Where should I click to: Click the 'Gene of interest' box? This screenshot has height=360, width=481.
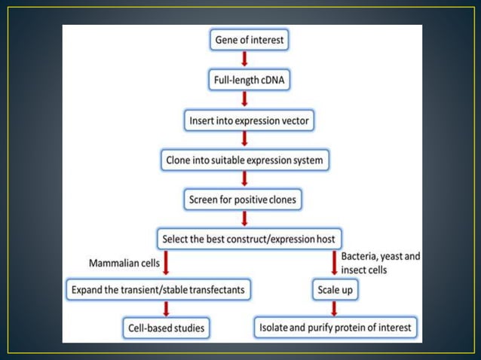tap(245, 40)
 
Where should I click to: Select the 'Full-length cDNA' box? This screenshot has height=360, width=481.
tap(245, 80)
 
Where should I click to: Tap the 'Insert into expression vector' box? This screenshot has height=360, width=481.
tap(245, 121)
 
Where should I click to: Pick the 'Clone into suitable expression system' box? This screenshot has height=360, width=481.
tap(245, 160)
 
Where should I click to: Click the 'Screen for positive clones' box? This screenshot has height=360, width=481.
tap(245, 200)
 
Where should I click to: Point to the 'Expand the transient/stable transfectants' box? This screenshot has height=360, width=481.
tap(158, 288)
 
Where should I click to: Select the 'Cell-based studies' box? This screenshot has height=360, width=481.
tap(167, 328)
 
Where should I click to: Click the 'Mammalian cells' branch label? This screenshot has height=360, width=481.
tap(124, 264)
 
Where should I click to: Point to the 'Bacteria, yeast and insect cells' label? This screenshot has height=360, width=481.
tap(379, 263)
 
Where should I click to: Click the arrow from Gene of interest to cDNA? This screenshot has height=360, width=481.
tap(245, 59)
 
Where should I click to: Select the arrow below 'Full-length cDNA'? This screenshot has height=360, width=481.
tap(245, 100)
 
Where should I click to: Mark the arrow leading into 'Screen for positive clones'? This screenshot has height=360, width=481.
tap(245, 181)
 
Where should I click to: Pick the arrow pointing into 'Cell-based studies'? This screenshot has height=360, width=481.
tap(167, 309)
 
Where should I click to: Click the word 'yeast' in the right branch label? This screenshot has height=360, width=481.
tap(391, 257)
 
